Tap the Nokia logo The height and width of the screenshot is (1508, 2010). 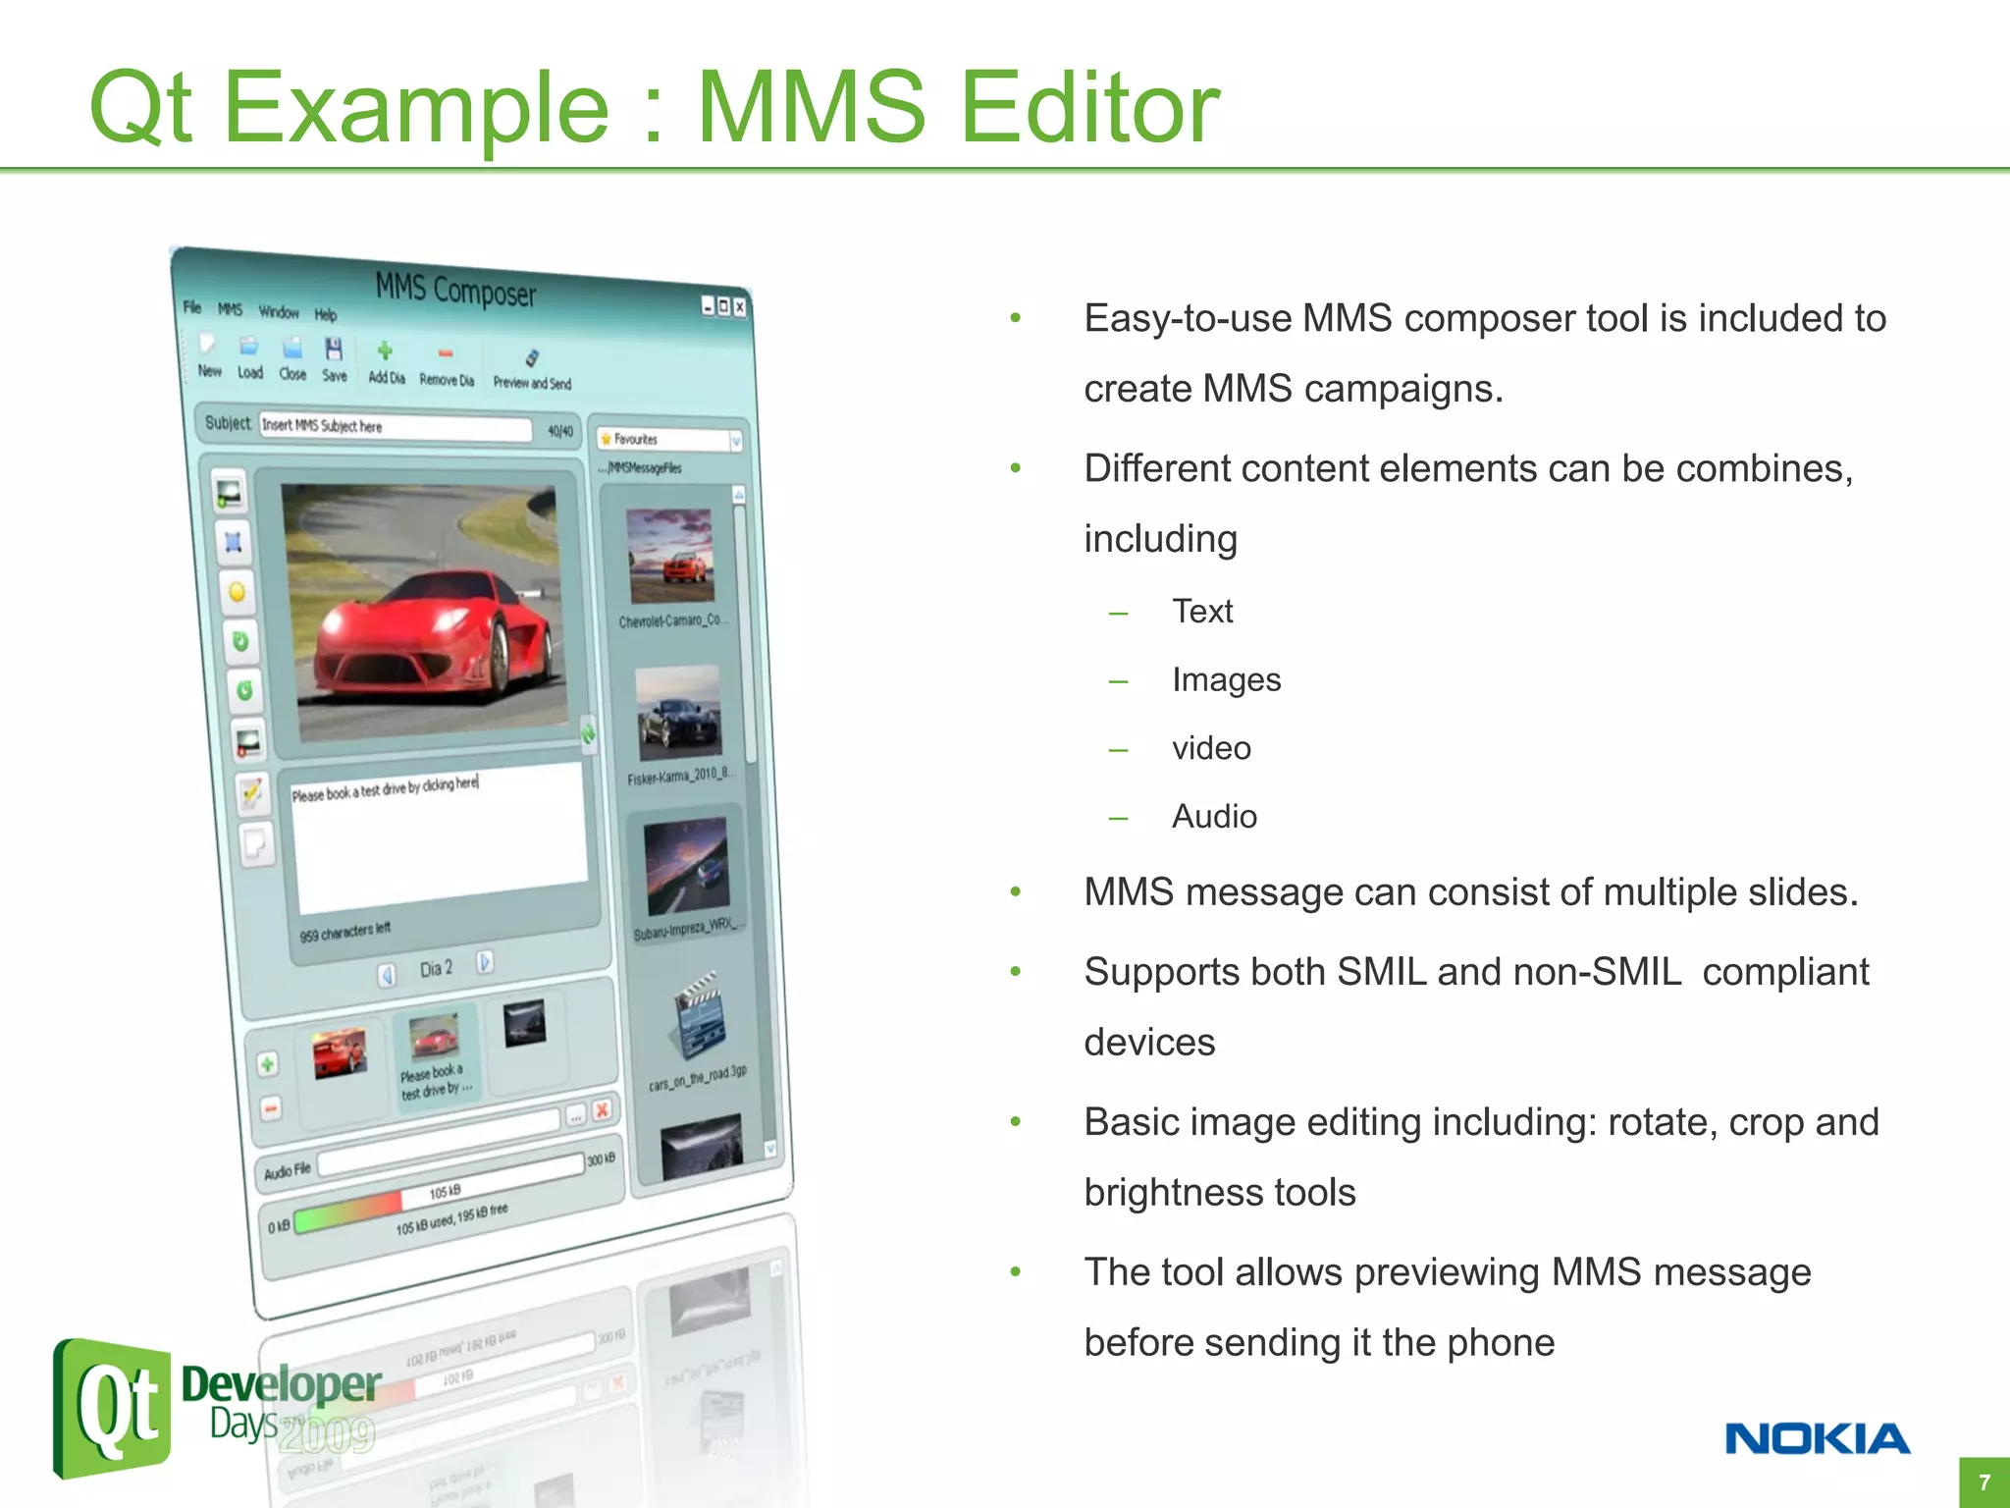click(1817, 1439)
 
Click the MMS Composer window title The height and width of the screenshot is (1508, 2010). click(455, 291)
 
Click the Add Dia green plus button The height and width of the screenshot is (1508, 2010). click(386, 361)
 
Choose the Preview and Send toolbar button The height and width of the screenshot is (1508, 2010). click(532, 369)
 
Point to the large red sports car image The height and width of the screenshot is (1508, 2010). click(427, 614)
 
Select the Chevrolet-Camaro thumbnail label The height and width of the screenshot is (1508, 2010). click(671, 620)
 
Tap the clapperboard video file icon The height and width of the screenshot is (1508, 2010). click(699, 1016)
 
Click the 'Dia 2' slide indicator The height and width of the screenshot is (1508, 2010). click(436, 969)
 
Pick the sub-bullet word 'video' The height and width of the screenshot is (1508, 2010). click(1211, 748)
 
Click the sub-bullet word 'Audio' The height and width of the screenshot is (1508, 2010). click(1214, 817)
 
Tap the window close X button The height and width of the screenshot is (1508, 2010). click(740, 307)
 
